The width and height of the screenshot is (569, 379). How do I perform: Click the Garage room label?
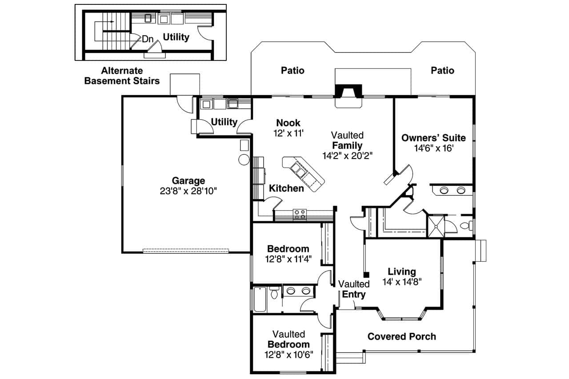pos(188,180)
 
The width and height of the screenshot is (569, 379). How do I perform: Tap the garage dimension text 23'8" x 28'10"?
pos(188,191)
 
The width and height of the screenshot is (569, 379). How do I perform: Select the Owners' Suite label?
pos(433,137)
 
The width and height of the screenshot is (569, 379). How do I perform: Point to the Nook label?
pos(288,123)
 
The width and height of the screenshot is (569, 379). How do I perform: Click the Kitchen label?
pos(286,188)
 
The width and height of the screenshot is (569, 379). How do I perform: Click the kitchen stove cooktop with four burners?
pos(300,215)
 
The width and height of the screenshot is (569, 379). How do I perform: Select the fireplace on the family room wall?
pos(349,92)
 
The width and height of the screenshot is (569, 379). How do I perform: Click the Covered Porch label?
pos(401,336)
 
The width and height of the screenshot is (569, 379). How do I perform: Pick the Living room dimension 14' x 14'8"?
pos(401,281)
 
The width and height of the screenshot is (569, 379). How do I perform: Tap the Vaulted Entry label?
pos(354,289)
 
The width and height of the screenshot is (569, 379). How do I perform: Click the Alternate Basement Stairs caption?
pos(122,76)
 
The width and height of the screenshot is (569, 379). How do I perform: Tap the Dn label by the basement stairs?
pos(148,39)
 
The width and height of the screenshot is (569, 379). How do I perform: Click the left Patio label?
pos(293,70)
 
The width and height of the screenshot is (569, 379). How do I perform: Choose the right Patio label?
pos(442,70)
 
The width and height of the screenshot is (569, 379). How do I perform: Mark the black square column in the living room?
pos(366,275)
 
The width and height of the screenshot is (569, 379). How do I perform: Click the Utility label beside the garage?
pos(224,122)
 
